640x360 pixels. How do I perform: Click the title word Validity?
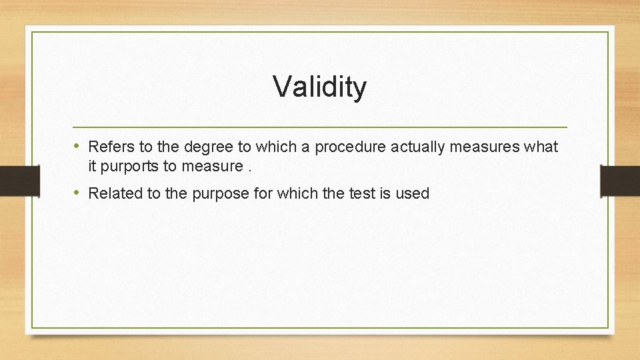pyautogui.click(x=319, y=87)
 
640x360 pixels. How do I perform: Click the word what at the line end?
pyautogui.click(x=541, y=146)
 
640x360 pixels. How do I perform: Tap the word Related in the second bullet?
pyautogui.click(x=113, y=193)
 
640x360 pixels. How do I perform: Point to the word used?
pyautogui.click(x=414, y=193)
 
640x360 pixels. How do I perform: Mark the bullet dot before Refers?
pyautogui.click(x=77, y=146)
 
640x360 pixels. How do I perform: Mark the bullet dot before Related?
pyautogui.click(x=77, y=193)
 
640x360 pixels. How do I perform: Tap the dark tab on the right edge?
pyautogui.click(x=621, y=180)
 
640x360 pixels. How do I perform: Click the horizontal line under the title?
pyautogui.click(x=319, y=127)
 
